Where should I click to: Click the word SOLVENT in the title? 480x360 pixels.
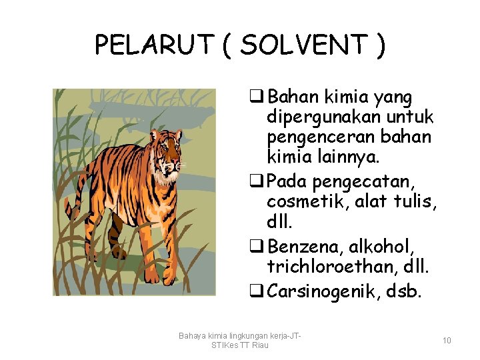coord(304,45)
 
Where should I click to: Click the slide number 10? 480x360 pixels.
coord(447,341)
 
